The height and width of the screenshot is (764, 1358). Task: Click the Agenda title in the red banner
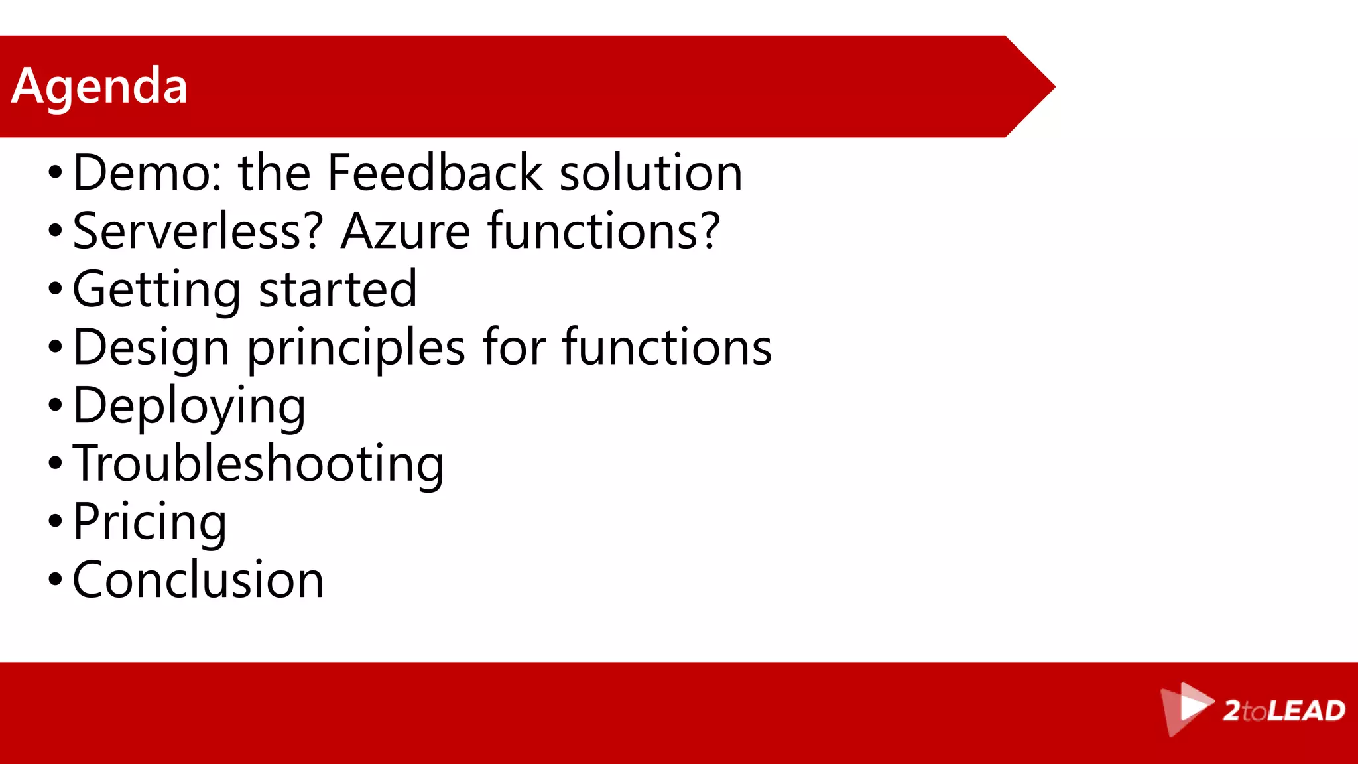pyautogui.click(x=99, y=86)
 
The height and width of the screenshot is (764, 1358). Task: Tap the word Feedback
pyautogui.click(x=435, y=173)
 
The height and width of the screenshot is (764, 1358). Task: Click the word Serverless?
pyautogui.click(x=198, y=231)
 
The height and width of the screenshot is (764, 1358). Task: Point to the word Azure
pyautogui.click(x=406, y=231)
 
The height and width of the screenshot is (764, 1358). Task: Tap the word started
pyautogui.click(x=338, y=290)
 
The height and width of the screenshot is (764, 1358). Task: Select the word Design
pyautogui.click(x=151, y=348)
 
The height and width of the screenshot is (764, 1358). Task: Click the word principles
pyautogui.click(x=356, y=348)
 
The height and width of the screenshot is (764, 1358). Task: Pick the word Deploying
pyautogui.click(x=190, y=406)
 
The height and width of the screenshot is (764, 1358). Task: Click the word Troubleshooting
pyautogui.click(x=259, y=464)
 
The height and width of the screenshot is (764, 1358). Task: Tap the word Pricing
pyautogui.click(x=150, y=522)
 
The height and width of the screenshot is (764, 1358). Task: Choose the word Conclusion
pyautogui.click(x=198, y=580)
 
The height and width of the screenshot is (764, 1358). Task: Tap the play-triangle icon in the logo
pyautogui.click(x=1190, y=708)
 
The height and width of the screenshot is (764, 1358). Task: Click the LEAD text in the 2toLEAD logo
pyautogui.click(x=1306, y=711)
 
